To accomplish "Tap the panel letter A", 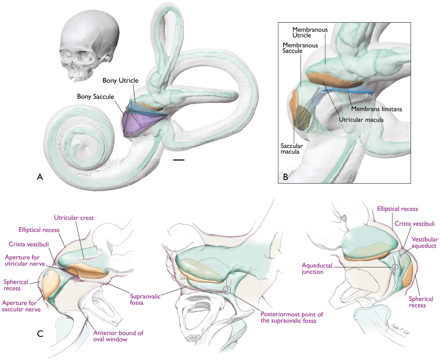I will pyautogui.click(x=41, y=177).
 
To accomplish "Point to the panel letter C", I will pyautogui.click(x=42, y=334).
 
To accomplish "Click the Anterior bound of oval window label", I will pyautogui.click(x=118, y=337).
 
